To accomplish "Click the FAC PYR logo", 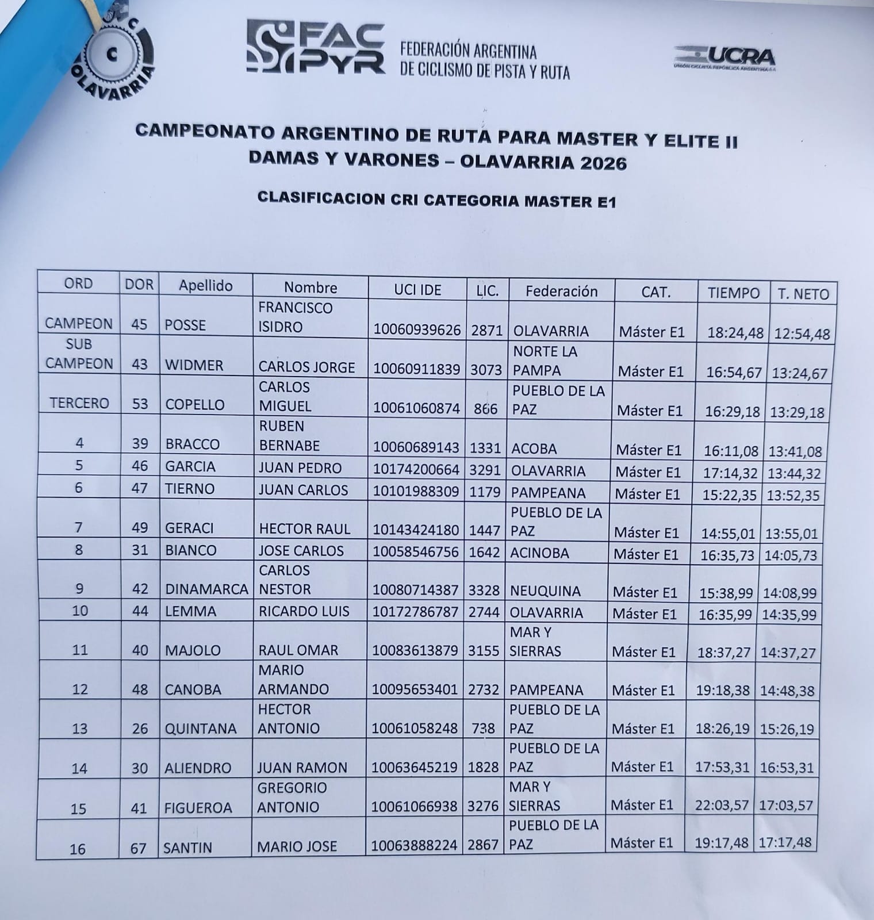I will click(x=316, y=47).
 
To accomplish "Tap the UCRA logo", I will click(x=725, y=58).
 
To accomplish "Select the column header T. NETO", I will click(x=803, y=294).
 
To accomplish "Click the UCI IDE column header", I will click(x=417, y=290).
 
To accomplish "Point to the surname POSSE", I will click(x=185, y=325).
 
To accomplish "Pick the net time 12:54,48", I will click(x=802, y=334).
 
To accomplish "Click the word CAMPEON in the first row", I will click(x=79, y=324).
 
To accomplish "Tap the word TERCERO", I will click(x=79, y=403).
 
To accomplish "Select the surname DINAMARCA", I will click(x=206, y=589).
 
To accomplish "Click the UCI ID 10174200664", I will click(x=416, y=470).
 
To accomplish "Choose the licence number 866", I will click(x=486, y=409).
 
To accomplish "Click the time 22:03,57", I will click(x=722, y=806).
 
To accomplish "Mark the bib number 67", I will click(x=138, y=848).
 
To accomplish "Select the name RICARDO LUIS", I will click(x=304, y=611).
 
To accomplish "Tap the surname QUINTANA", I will click(x=201, y=729).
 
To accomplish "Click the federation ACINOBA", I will click(x=539, y=553).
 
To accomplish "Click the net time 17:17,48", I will click(x=785, y=843).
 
